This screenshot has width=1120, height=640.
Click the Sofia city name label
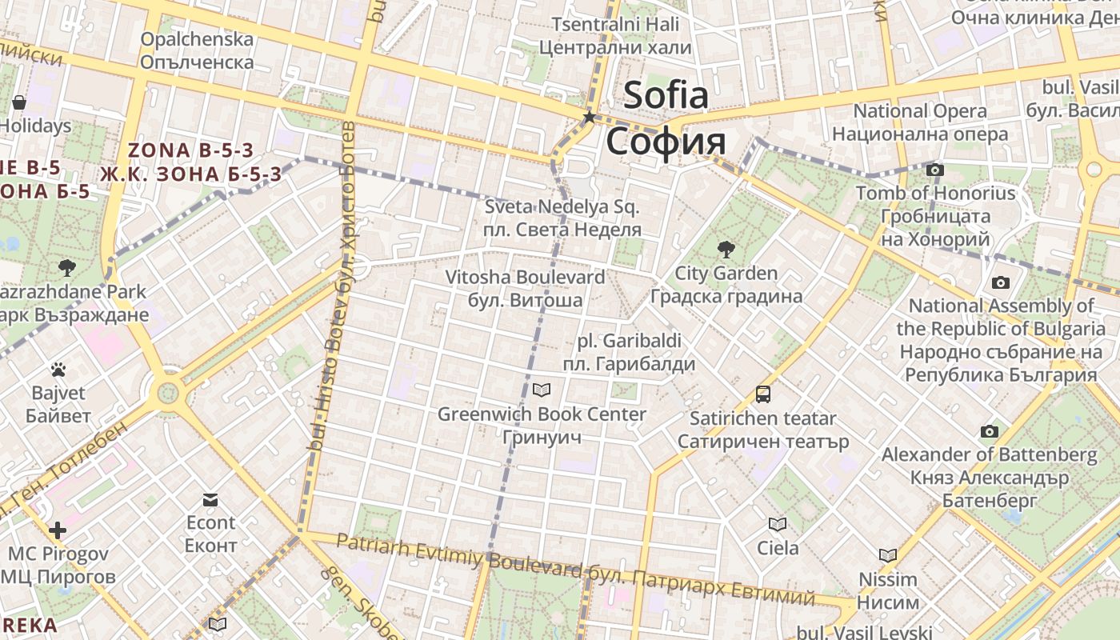666,118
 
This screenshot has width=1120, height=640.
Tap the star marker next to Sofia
590,118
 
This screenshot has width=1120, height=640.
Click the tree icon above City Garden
726,249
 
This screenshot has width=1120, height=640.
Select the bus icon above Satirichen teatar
763,394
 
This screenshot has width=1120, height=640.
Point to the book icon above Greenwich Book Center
542,390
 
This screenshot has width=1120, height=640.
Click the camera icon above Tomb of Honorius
934,170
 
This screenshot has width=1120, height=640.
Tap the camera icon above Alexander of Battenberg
990,431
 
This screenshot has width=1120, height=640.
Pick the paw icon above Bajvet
58,370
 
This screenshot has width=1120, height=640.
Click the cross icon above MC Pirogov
58,530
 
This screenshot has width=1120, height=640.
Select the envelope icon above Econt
210,500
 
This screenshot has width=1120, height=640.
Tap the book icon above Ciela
778,524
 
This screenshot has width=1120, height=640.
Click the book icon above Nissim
888,555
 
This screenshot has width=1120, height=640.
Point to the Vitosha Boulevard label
525,289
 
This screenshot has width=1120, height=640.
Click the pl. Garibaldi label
629,352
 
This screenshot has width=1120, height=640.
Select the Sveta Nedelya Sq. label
562,218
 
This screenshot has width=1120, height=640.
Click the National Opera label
920,122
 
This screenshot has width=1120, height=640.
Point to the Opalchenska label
197,50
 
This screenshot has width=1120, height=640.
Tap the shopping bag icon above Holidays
19,102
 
